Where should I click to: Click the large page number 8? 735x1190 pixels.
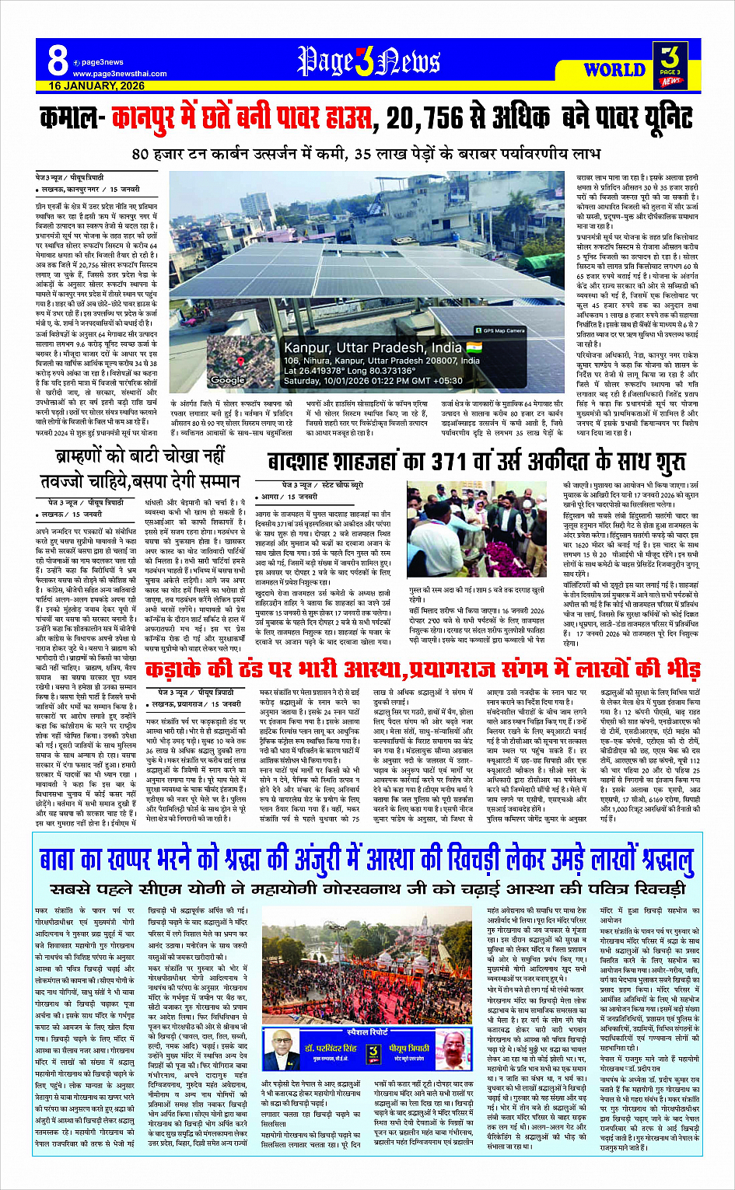57,60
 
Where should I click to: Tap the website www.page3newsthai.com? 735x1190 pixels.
120,74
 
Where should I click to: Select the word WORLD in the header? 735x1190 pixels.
614,70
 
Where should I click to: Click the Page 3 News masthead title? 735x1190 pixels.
369,61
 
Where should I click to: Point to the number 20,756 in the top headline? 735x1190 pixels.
435,119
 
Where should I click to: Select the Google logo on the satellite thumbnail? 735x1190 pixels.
228,380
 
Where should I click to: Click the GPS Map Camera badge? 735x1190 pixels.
504,330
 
